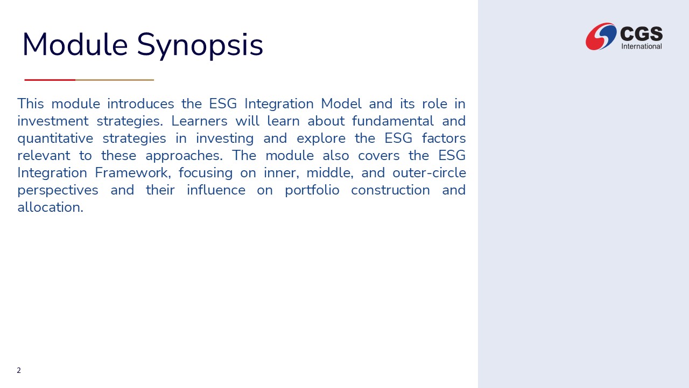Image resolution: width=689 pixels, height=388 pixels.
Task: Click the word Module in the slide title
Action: (x=75, y=44)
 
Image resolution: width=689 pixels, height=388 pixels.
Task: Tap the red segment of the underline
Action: (x=50, y=80)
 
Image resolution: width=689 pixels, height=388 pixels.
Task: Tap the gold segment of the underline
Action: (x=115, y=80)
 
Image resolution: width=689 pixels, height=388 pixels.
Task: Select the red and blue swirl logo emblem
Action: (x=601, y=36)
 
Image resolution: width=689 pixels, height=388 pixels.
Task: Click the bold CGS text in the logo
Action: (x=641, y=33)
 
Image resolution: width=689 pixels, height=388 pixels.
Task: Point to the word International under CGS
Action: (x=641, y=46)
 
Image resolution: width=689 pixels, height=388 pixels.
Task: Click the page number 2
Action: (x=19, y=370)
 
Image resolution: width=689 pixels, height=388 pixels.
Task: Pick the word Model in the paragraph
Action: (x=341, y=104)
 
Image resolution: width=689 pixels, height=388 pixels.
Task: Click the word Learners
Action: (x=199, y=121)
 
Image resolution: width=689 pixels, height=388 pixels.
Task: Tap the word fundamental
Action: (x=393, y=121)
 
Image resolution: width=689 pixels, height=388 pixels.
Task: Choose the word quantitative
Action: (x=55, y=138)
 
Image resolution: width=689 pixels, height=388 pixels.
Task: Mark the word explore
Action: (x=321, y=138)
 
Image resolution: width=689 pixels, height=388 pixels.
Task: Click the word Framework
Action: (x=132, y=173)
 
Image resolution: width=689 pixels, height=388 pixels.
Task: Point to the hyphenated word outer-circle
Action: (x=429, y=173)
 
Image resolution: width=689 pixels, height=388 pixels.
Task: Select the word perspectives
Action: (x=58, y=190)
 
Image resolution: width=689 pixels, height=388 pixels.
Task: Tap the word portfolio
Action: (x=312, y=190)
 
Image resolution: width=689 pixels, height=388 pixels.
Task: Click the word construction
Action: (x=390, y=190)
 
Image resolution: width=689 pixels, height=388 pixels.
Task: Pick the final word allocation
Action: (x=51, y=207)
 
